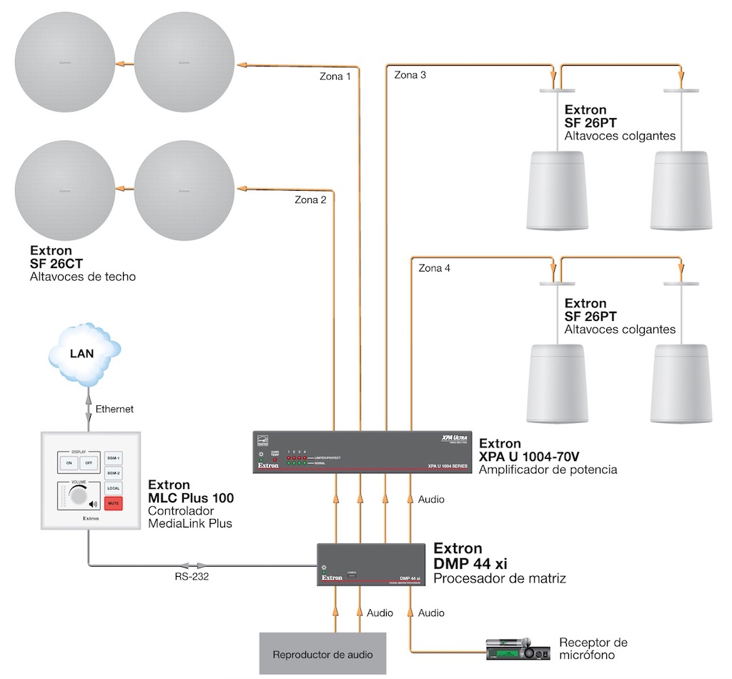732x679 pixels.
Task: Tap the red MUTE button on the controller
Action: tap(114, 503)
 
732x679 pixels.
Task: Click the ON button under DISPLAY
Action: tap(69, 462)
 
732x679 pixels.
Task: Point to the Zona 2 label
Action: tap(310, 200)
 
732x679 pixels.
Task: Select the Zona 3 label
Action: tap(410, 75)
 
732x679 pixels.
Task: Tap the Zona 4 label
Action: tap(435, 269)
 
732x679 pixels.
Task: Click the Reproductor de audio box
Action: tap(322, 654)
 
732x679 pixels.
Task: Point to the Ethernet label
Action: tap(114, 410)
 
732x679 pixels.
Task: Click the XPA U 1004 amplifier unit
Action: tap(362, 452)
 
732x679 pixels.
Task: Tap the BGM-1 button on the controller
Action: tap(113, 457)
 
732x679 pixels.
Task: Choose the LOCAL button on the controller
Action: tap(113, 488)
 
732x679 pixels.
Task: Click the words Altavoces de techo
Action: tap(83, 277)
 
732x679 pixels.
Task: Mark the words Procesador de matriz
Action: tap(500, 578)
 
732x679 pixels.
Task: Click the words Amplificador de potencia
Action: tap(548, 470)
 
